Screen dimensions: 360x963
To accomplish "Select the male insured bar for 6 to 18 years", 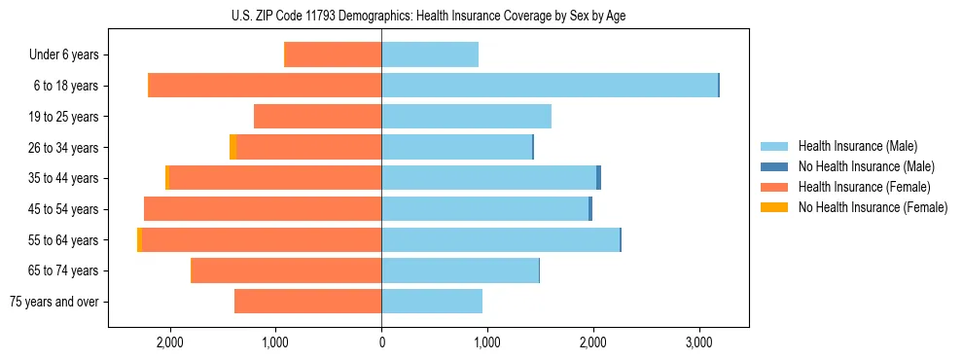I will coord(549,86).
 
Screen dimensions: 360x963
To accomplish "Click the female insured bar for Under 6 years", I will coord(332,55).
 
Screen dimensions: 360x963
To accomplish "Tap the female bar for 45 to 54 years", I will coord(263,209).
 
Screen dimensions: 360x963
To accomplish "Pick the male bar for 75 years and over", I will coord(432,302).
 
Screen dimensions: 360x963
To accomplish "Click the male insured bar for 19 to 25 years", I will coord(466,117).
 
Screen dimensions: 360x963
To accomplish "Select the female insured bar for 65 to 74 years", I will coord(286,270).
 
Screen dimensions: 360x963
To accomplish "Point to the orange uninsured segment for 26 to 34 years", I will coord(232,147).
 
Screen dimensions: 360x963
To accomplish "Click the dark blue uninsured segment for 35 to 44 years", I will coord(598,178).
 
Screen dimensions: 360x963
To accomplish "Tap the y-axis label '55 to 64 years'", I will coord(64,240).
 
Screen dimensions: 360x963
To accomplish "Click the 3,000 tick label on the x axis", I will coord(699,343).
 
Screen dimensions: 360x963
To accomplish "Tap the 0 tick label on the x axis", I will coord(381,343).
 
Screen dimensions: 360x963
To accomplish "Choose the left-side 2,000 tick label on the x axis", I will coord(169,343).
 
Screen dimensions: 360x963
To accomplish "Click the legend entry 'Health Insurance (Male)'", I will coord(857,146).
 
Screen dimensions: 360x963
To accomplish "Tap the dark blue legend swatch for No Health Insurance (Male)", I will coord(774,166).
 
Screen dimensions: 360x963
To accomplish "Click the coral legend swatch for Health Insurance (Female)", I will coord(774,187).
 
